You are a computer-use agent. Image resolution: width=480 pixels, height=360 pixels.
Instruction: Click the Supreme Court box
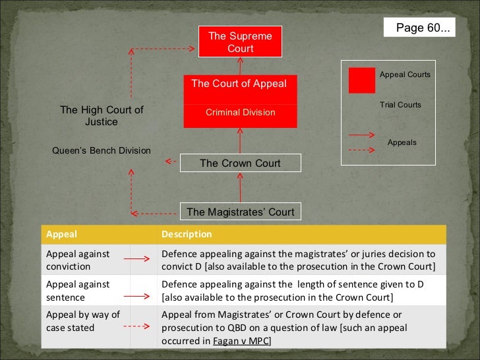tap(240, 42)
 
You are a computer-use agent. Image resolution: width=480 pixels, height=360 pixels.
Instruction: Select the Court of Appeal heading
tap(239, 84)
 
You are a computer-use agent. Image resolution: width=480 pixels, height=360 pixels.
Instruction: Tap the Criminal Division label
tap(240, 113)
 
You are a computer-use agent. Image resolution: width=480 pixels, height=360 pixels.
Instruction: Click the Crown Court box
tap(240, 163)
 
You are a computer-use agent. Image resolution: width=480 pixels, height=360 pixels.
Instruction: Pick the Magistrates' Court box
tap(240, 212)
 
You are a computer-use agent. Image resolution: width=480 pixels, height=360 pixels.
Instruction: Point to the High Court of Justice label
tap(102, 116)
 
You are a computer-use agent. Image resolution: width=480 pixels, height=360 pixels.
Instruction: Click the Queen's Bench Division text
tap(102, 150)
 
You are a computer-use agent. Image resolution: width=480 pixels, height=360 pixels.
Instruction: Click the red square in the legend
tap(361, 80)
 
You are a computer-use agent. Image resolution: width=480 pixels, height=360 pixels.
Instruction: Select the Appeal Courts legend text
tap(405, 75)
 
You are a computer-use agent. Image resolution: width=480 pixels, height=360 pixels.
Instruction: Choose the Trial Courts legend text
tap(400, 105)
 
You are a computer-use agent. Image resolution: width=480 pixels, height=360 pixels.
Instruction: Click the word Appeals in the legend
tap(402, 142)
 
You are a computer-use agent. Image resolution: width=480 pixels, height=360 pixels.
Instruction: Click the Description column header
tap(187, 234)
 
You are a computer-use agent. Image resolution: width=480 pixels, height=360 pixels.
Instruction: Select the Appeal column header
tap(61, 234)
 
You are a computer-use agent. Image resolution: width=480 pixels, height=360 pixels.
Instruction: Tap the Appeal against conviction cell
tap(78, 260)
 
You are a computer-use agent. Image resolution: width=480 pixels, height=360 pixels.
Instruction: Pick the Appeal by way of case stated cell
tap(82, 321)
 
